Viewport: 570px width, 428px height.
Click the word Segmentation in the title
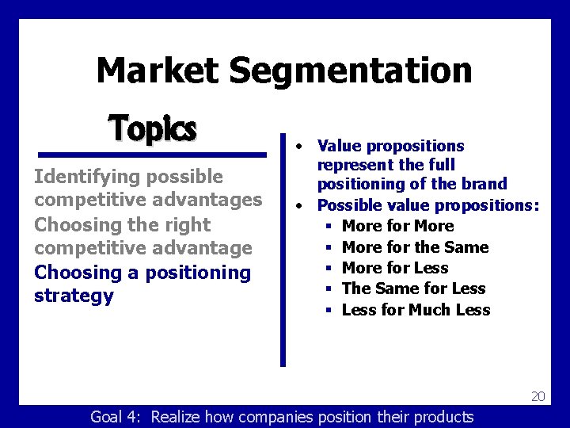pyautogui.click(x=351, y=71)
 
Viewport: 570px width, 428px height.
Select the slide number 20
pyautogui.click(x=538, y=396)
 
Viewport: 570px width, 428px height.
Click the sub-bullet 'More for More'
pyautogui.click(x=397, y=226)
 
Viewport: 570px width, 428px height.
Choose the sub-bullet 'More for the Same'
pyautogui.click(x=415, y=247)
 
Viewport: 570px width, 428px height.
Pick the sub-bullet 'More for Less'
pyautogui.click(x=394, y=268)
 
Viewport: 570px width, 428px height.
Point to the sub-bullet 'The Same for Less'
pyautogui.click(x=413, y=289)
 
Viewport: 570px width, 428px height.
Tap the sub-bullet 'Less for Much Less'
pyautogui.click(x=416, y=310)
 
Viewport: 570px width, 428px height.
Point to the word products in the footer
pyautogui.click(x=439, y=417)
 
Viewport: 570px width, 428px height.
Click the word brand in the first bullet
pyautogui.click(x=483, y=184)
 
